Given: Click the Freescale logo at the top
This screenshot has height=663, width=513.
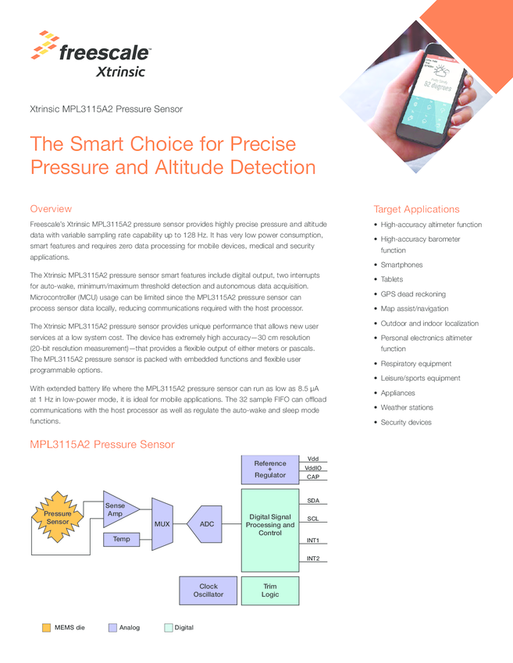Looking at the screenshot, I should pyautogui.click(x=91, y=54).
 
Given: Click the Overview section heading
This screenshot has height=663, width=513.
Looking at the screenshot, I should pyautogui.click(x=51, y=209).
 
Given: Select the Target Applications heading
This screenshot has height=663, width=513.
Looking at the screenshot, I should pyautogui.click(x=416, y=209).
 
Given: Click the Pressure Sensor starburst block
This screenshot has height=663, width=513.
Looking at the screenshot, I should pyautogui.click(x=57, y=518).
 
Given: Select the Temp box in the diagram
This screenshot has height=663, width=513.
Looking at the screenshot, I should pyautogui.click(x=121, y=539).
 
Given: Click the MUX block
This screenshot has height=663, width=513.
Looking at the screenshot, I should pyautogui.click(x=162, y=524).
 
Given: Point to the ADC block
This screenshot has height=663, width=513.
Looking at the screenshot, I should pyautogui.click(x=206, y=524).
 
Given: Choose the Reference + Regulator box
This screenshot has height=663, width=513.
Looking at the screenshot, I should pyautogui.click(x=270, y=470).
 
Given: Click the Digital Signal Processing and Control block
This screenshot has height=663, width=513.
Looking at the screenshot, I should pyautogui.click(x=270, y=525).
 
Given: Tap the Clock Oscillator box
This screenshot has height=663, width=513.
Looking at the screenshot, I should pyautogui.click(x=208, y=590).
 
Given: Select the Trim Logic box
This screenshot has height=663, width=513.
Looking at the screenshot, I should pyautogui.click(x=270, y=590).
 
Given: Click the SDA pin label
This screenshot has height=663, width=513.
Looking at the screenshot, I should pyautogui.click(x=312, y=501).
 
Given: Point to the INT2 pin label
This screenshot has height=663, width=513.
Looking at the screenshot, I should pyautogui.click(x=312, y=558).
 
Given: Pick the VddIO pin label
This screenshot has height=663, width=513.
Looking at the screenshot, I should pyautogui.click(x=312, y=468).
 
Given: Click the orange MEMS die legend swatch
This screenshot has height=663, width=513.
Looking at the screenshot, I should pyautogui.click(x=46, y=627).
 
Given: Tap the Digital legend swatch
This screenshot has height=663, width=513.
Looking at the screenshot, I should pyautogui.click(x=168, y=627).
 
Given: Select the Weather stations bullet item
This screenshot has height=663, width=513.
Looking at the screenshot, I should pyautogui.click(x=406, y=408).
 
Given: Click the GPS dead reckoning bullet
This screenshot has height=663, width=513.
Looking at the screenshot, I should pyautogui.click(x=413, y=294).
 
